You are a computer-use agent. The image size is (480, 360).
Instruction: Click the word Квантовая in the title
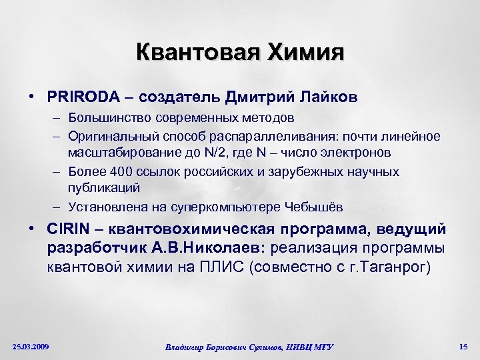tap(191, 52)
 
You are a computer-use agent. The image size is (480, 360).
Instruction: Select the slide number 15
tap(463, 346)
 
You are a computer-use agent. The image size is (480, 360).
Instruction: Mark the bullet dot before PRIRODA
tap(32, 97)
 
